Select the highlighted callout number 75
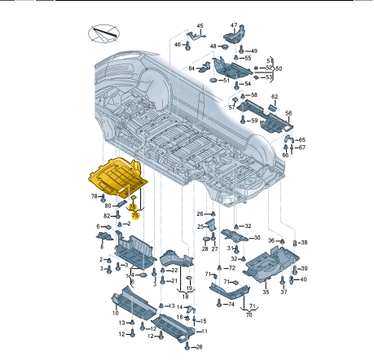click(135, 214)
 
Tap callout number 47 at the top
click(234, 25)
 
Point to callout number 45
click(200, 27)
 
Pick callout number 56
click(288, 112)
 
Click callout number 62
click(275, 97)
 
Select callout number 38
click(304, 243)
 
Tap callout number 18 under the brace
click(185, 297)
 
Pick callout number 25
click(200, 226)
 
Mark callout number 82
click(106, 216)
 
